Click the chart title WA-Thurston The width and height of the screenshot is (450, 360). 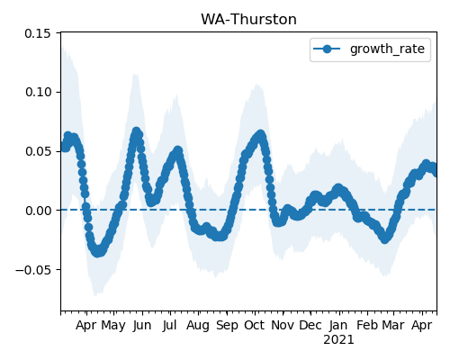pyautogui.click(x=248, y=20)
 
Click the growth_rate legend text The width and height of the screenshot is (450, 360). pyautogui.click(x=387, y=49)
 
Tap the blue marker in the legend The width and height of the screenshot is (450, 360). pyautogui.click(x=327, y=49)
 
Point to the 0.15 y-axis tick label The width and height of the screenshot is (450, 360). pyautogui.click(x=38, y=33)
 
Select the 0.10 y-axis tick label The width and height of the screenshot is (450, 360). pyautogui.click(x=38, y=92)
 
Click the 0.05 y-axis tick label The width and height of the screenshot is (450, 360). pyautogui.click(x=38, y=151)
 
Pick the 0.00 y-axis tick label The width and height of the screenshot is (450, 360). pyautogui.click(x=38, y=211)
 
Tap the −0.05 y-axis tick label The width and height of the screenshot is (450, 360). pyautogui.click(x=33, y=270)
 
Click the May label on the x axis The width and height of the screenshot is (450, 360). pyautogui.click(x=113, y=326)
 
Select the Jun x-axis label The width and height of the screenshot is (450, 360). pyautogui.click(x=142, y=326)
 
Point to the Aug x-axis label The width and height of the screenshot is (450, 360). pyautogui.click(x=198, y=326)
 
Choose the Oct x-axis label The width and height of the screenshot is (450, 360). pyautogui.click(x=255, y=326)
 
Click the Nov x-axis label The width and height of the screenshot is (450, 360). pyautogui.click(x=283, y=326)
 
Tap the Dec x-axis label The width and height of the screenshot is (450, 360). pyautogui.click(x=310, y=326)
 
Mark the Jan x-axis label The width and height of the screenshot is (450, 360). pyautogui.click(x=338, y=326)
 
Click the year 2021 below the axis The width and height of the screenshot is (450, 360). pyautogui.click(x=338, y=340)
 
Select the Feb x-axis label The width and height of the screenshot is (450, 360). pyautogui.click(x=367, y=326)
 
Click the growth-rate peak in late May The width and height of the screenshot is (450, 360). pyautogui.click(x=137, y=131)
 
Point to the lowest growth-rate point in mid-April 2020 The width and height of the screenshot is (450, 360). pyautogui.click(x=97, y=252)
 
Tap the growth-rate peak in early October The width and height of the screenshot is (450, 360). pyautogui.click(x=260, y=134)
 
